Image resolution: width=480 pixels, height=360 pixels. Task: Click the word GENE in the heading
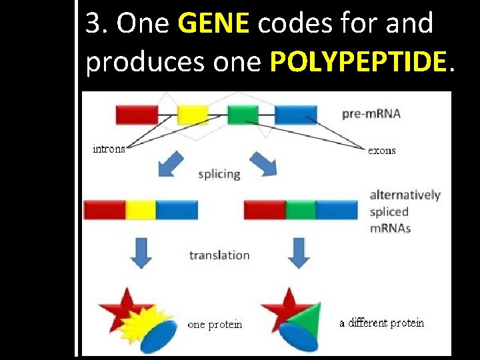tap(213, 25)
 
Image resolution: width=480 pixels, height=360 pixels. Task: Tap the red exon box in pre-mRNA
tap(137, 115)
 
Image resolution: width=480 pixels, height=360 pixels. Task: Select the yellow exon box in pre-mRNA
tap(193, 115)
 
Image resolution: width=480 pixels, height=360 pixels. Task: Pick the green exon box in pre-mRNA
tap(243, 115)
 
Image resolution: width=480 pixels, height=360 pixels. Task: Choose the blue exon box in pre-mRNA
tap(295, 115)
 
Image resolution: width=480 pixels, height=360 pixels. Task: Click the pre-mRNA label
tap(371, 113)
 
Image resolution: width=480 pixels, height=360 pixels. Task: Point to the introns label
tap(109, 149)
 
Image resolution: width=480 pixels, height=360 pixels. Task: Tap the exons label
tap(382, 151)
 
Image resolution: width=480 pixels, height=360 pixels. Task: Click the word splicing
tap(219, 174)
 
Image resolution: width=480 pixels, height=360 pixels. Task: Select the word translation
tap(219, 255)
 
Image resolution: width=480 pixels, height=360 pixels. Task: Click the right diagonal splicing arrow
tap(263, 164)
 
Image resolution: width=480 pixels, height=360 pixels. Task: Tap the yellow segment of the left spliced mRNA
tap(141, 210)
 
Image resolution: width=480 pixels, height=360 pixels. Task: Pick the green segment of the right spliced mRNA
tap(301, 210)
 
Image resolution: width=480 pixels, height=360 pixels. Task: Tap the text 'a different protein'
tap(381, 323)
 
